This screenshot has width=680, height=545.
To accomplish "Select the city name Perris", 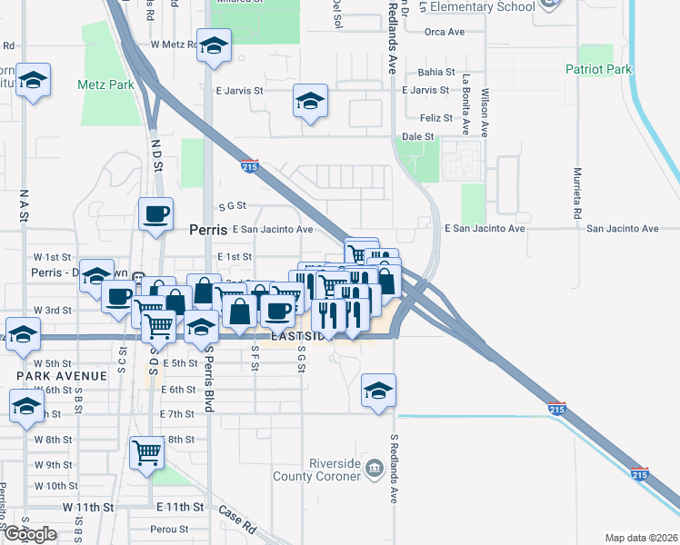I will [206, 231].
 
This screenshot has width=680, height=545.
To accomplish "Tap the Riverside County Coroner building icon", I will [374, 468].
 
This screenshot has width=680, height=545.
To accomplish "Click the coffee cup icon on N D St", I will [155, 214].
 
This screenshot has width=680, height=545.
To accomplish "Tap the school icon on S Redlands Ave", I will [378, 391].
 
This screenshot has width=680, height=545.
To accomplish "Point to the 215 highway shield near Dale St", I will [250, 166].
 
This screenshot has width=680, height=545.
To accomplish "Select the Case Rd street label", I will [237, 520].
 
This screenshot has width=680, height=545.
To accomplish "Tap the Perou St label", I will [171, 529].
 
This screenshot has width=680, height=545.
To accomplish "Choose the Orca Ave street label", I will [444, 32].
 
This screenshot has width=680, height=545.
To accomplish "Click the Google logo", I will [30, 534].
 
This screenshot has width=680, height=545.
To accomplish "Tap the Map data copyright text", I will [641, 538].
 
